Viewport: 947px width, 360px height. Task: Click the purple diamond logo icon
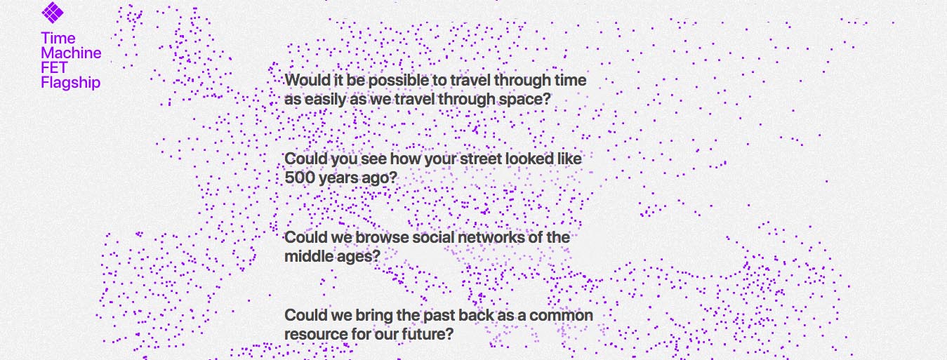coord(53,12)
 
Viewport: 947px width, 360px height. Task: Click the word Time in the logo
coord(58,39)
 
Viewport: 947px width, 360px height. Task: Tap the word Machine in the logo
coord(71,53)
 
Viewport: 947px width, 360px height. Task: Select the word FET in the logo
coord(54,68)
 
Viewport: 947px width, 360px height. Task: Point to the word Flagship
coord(71,83)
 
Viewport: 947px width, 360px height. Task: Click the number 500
coord(300,178)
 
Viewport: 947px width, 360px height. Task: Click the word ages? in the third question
coord(359,257)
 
